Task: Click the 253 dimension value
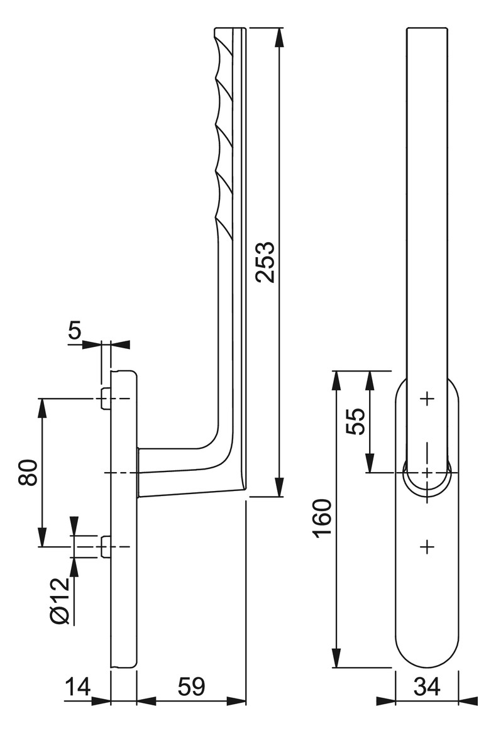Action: (267, 262)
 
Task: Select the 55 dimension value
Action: (357, 421)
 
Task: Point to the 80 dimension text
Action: (28, 473)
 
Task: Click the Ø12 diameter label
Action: (60, 601)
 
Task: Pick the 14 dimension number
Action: (77, 687)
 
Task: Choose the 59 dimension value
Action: (192, 687)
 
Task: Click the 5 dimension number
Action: (75, 331)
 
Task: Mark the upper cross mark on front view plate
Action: (427, 399)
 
